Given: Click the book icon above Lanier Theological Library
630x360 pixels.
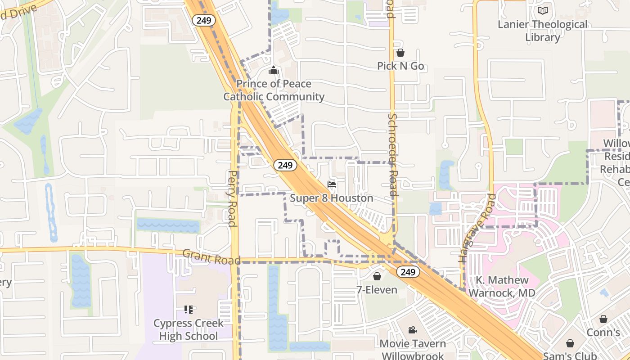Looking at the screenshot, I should tap(543, 10).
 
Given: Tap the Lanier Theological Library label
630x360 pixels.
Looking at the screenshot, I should tap(543, 31).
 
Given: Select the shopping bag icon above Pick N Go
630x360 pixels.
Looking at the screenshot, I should tap(400, 53).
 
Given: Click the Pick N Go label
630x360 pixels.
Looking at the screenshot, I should tap(400, 66).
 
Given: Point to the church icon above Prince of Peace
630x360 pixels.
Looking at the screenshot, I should tap(273, 71).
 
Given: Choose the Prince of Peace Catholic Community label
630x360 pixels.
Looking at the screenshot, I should tap(274, 90).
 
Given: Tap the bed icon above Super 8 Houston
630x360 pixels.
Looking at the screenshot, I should tap(332, 184).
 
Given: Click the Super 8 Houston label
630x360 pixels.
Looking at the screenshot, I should tap(332, 198).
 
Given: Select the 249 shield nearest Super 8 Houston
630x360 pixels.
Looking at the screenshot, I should tap(285, 165).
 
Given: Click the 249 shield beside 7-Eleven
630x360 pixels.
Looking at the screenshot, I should tap(408, 272).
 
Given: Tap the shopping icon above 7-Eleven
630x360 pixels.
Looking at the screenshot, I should tap(377, 276).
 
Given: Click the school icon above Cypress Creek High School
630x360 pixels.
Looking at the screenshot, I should tap(188, 310).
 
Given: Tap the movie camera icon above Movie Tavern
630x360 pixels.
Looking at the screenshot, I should tap(412, 330).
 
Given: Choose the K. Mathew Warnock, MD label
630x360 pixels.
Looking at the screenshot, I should tap(502, 287).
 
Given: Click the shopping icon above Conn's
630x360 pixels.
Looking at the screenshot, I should tap(603, 319).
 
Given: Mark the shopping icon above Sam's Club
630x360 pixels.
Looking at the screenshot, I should tap(570, 343).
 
